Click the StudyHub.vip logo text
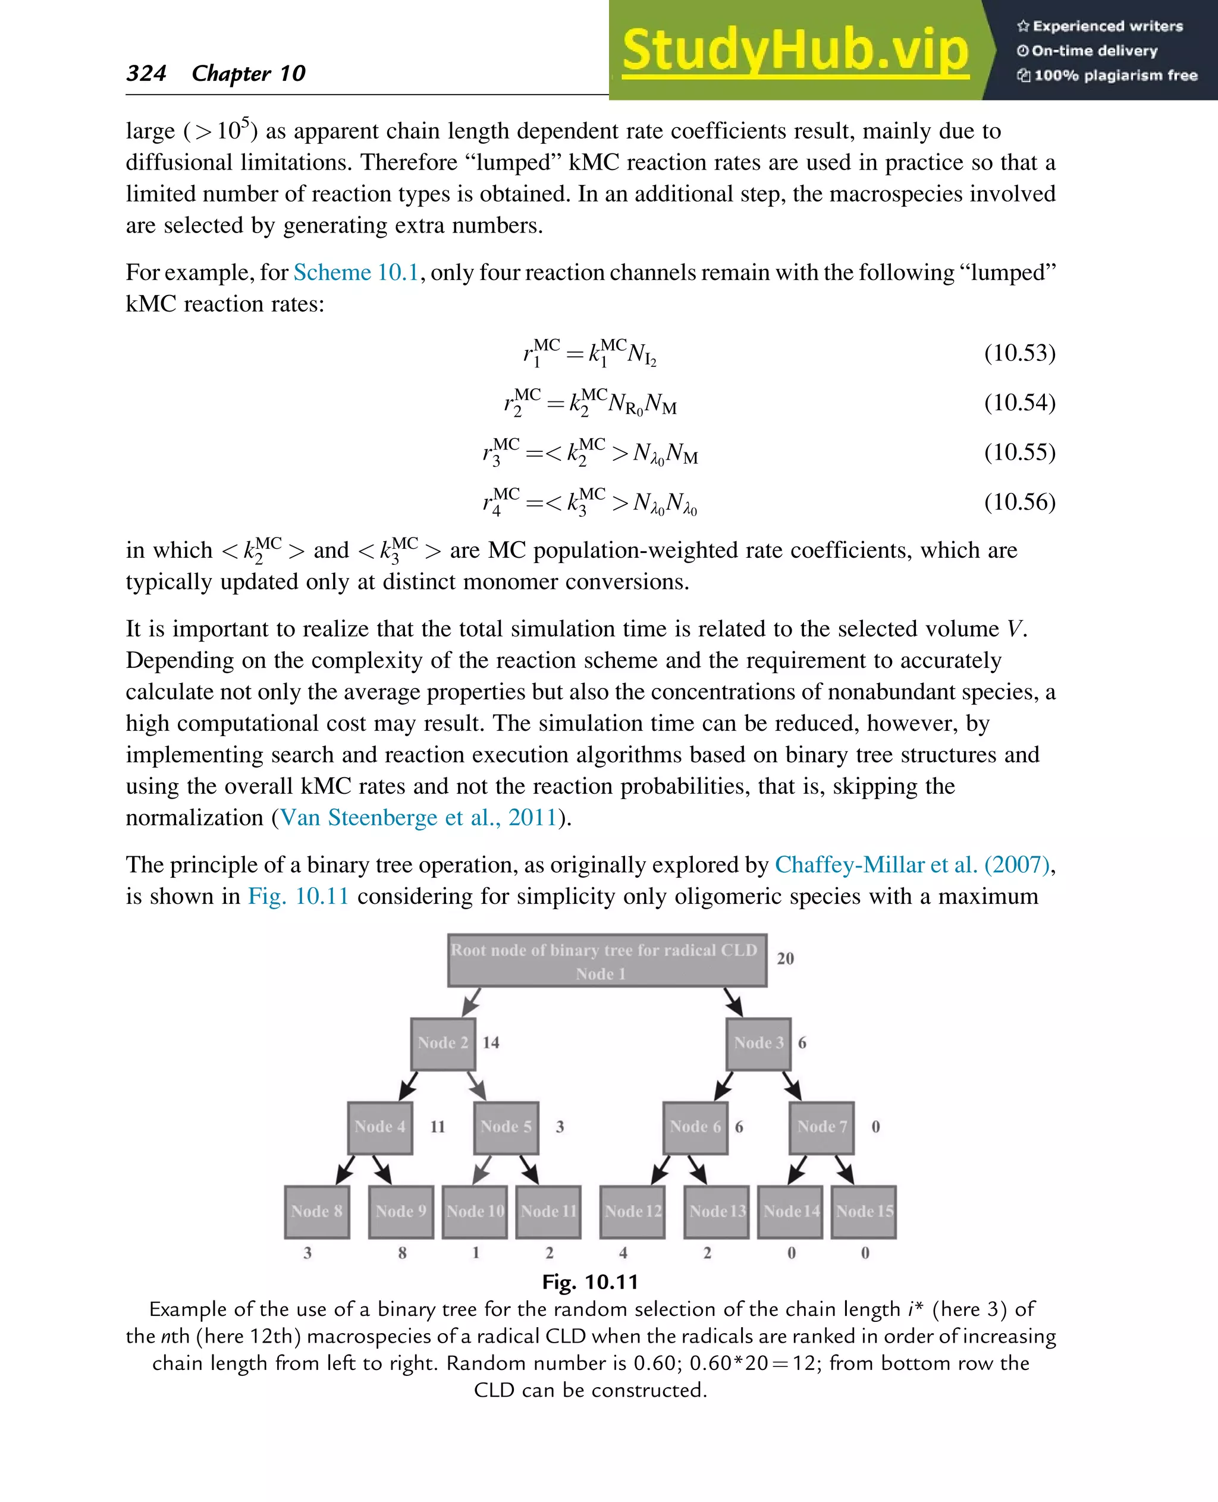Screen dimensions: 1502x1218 coord(795,51)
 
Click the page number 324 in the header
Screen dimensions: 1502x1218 coord(146,73)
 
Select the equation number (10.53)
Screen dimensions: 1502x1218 coord(1019,352)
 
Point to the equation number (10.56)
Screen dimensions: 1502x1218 coord(1019,502)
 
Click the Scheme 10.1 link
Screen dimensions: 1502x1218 coord(356,272)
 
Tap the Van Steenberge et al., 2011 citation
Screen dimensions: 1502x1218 coord(418,817)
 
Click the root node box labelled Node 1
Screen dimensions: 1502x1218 coord(607,960)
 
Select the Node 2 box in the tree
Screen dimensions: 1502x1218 coord(442,1043)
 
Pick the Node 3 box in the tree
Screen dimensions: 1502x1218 coord(758,1043)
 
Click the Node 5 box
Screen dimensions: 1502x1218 coord(506,1127)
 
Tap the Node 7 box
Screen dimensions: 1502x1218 coord(821,1127)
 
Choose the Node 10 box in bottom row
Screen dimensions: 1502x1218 coord(475,1212)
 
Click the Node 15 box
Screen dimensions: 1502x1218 coord(864,1212)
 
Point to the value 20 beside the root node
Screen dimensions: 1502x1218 coord(785,959)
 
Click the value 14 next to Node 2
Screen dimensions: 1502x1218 coord(491,1042)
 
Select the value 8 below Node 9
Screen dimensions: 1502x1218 coord(402,1253)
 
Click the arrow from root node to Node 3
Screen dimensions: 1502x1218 coord(733,1003)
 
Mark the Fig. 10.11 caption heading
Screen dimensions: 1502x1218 coord(590,1282)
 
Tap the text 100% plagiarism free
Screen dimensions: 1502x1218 coord(1115,75)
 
